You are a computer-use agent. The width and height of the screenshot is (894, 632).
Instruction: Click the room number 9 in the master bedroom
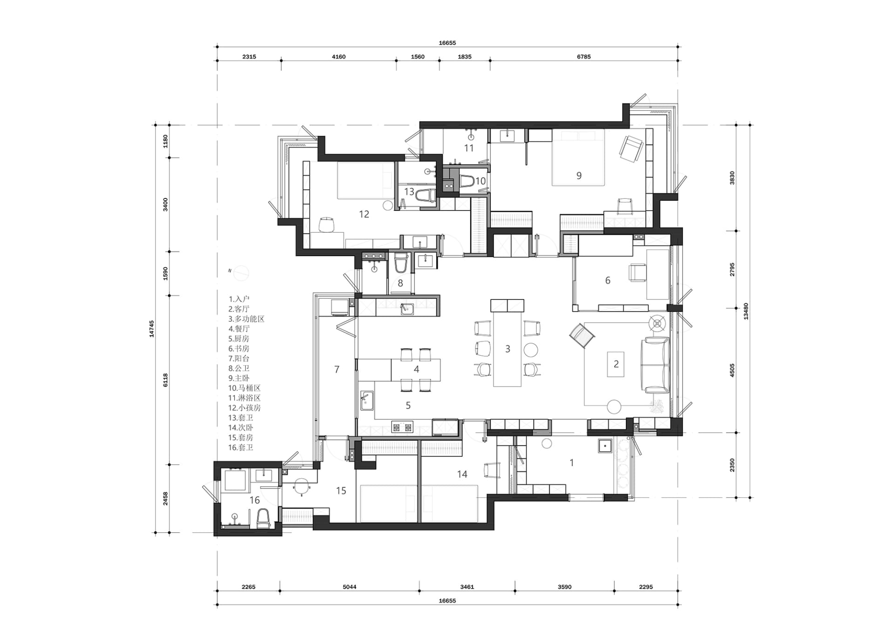click(579, 176)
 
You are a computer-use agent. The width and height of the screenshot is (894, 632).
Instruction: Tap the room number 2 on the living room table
click(616, 364)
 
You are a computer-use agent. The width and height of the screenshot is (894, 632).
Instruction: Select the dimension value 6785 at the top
click(583, 57)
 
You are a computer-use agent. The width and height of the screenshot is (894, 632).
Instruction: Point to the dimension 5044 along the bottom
click(349, 587)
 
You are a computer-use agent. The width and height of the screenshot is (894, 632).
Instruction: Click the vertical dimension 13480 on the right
click(746, 311)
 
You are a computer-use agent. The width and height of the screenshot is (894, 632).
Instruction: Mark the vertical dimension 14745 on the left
click(151, 328)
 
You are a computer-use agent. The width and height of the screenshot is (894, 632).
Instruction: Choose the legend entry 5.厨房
click(239, 339)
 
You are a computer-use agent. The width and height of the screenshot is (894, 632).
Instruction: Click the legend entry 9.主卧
click(239, 378)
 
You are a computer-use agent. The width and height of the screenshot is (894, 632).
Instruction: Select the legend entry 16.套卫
click(241, 448)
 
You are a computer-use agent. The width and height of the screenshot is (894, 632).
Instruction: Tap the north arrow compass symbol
click(241, 272)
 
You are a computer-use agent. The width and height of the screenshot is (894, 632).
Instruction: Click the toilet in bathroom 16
click(263, 518)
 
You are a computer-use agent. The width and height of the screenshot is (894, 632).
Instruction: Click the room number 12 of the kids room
click(364, 214)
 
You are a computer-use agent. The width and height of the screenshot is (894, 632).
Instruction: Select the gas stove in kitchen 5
click(402, 426)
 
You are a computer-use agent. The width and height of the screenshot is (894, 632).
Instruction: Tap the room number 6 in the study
click(608, 280)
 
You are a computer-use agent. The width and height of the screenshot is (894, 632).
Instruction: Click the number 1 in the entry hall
click(572, 463)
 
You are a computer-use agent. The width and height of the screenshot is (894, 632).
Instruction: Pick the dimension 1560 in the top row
click(418, 57)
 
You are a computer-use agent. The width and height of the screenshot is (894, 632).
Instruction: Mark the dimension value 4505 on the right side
click(732, 370)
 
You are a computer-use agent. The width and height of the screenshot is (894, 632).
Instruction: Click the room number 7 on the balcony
click(337, 369)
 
